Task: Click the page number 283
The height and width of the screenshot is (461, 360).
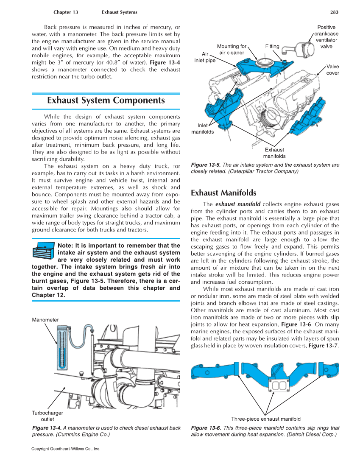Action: coord(335,12)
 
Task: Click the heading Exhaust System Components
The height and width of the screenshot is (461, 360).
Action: coord(106,101)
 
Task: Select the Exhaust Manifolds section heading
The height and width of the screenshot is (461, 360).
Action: coord(223,193)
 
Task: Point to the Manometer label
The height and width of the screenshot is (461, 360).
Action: coord(45,320)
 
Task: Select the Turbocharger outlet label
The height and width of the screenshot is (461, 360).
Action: coord(47,416)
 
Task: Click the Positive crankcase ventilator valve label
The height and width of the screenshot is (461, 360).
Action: coord(326,37)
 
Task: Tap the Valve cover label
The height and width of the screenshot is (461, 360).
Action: coord(332,70)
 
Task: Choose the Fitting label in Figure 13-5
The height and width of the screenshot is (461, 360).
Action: coord(272,46)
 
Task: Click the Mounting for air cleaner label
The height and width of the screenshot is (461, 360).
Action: coord(232,50)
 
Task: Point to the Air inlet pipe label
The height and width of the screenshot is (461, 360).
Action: coord(205,57)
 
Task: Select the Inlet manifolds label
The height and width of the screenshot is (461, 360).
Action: coord(202,129)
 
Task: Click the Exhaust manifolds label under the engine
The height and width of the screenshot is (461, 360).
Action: coord(274,153)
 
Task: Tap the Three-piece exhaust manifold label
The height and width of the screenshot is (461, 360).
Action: coord(266,419)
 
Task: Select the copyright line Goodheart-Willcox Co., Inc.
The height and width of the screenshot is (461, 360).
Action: coord(66,449)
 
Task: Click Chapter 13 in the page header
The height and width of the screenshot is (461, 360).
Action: coord(66,12)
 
